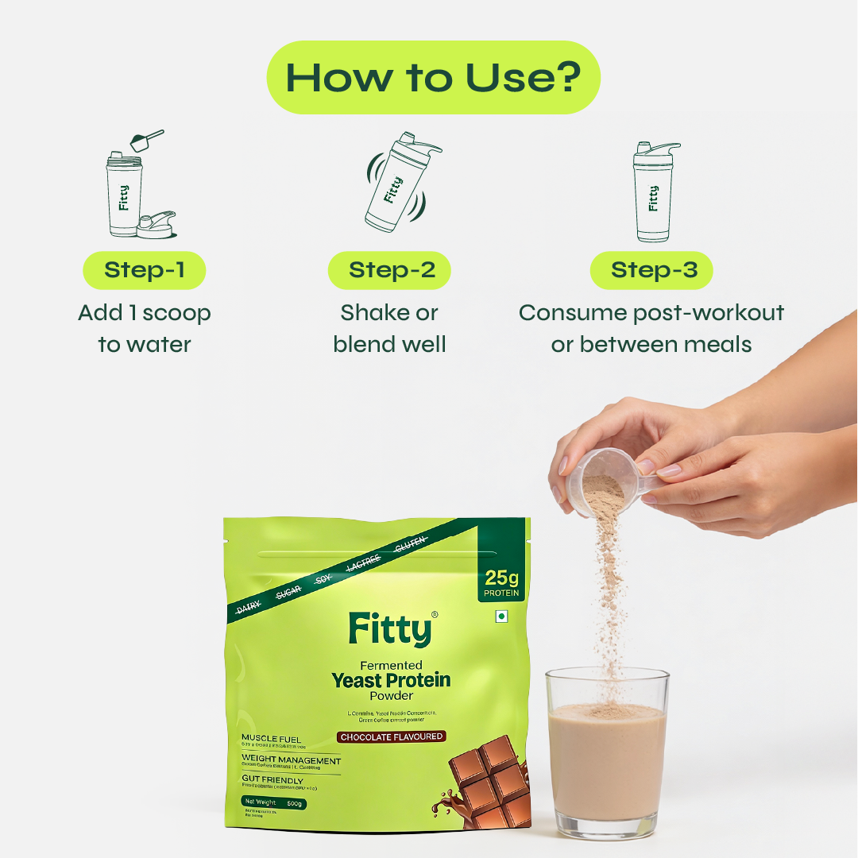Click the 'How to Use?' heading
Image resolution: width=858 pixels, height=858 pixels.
pos(433,78)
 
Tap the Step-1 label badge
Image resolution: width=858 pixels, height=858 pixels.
pos(145,270)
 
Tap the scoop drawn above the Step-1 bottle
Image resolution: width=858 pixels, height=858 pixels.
pos(145,141)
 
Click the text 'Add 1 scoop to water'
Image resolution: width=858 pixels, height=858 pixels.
pos(145,328)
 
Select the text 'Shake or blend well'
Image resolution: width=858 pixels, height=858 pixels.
pos(389,328)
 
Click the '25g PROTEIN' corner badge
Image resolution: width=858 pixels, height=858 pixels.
pos(501,582)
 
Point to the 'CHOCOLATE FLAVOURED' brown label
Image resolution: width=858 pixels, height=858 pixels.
pos(391,736)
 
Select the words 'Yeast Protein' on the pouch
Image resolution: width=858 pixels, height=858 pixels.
pos(391,680)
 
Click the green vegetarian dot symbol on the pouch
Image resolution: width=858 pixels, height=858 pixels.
pos(500,616)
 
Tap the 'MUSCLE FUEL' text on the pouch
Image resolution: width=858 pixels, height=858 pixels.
pos(272,739)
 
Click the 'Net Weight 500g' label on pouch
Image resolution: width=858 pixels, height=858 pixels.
pos(275,803)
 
